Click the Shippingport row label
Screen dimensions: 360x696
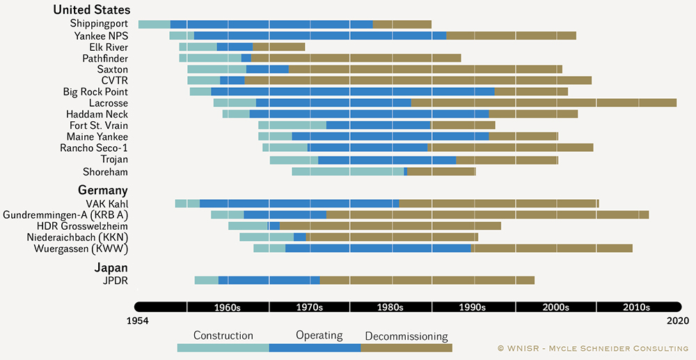(100, 24)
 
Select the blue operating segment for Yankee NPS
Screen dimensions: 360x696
(320, 36)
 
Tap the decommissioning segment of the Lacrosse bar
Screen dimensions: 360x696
(544, 103)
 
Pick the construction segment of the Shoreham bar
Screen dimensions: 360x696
(347, 171)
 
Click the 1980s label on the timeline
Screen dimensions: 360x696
(390, 307)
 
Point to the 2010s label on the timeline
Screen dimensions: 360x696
(636, 307)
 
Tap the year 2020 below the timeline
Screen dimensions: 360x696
(676, 320)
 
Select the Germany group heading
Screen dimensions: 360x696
(102, 190)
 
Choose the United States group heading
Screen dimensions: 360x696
(91, 10)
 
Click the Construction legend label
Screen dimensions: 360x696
(223, 336)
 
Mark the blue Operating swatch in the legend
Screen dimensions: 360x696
(315, 347)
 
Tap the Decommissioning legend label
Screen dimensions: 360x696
(406, 336)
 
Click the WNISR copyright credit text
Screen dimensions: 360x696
(593, 348)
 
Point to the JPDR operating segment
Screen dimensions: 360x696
(269, 280)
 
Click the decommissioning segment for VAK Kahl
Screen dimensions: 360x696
(498, 203)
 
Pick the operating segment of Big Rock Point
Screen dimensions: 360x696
(352, 92)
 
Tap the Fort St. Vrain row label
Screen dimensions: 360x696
(94, 125)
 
